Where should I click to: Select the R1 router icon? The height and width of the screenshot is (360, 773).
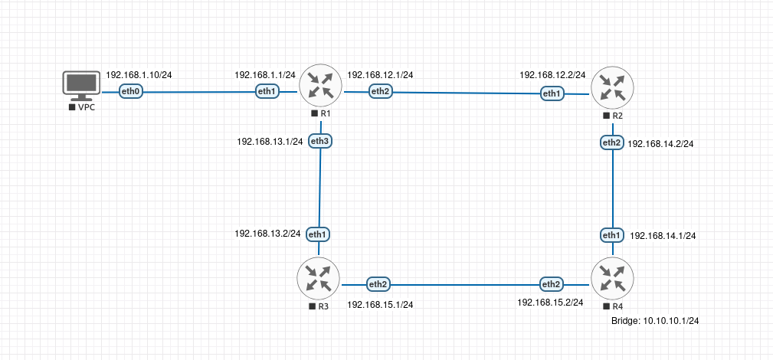(x=319, y=85)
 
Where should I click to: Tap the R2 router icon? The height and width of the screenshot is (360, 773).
(x=611, y=87)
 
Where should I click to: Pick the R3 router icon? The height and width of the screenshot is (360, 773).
(x=319, y=278)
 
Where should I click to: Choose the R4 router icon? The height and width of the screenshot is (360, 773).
(x=613, y=279)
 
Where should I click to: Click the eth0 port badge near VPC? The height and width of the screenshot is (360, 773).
(x=132, y=92)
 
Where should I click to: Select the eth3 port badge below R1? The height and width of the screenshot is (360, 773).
(x=320, y=141)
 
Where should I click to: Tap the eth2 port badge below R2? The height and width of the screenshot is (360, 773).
(x=611, y=142)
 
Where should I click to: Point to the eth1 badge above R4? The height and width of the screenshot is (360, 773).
(x=612, y=234)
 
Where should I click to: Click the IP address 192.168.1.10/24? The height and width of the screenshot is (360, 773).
(x=139, y=75)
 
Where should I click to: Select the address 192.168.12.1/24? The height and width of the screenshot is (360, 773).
(x=380, y=75)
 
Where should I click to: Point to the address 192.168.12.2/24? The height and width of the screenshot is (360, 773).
(x=552, y=75)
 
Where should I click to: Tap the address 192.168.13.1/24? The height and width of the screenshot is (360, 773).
(x=270, y=142)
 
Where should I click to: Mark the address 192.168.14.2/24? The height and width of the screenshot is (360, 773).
(x=661, y=143)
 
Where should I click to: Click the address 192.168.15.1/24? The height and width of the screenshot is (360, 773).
(x=380, y=304)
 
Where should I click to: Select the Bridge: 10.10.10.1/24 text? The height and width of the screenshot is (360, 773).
(x=655, y=322)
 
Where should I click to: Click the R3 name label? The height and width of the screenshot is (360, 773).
(x=323, y=306)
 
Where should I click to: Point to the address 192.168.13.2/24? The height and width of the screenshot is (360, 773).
(x=267, y=233)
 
